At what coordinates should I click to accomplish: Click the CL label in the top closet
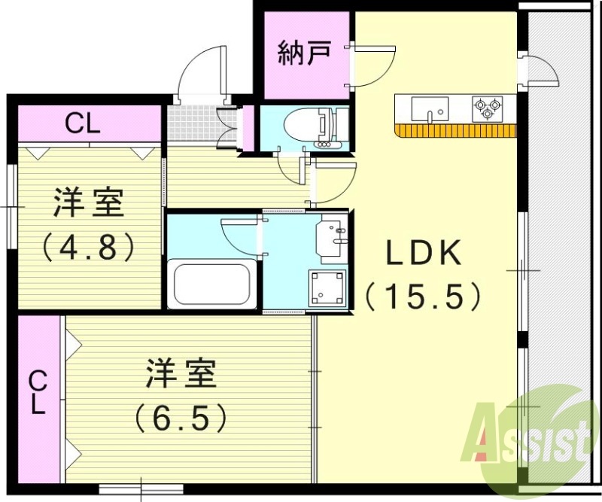pyautogui.click(x=83, y=123)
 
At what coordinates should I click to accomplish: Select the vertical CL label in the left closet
pyautogui.click(x=38, y=394)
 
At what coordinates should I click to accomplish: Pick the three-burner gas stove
pyautogui.click(x=487, y=108)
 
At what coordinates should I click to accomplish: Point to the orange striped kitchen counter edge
pyautogui.click(x=455, y=130)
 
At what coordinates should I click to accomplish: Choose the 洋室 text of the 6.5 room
pyautogui.click(x=181, y=374)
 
